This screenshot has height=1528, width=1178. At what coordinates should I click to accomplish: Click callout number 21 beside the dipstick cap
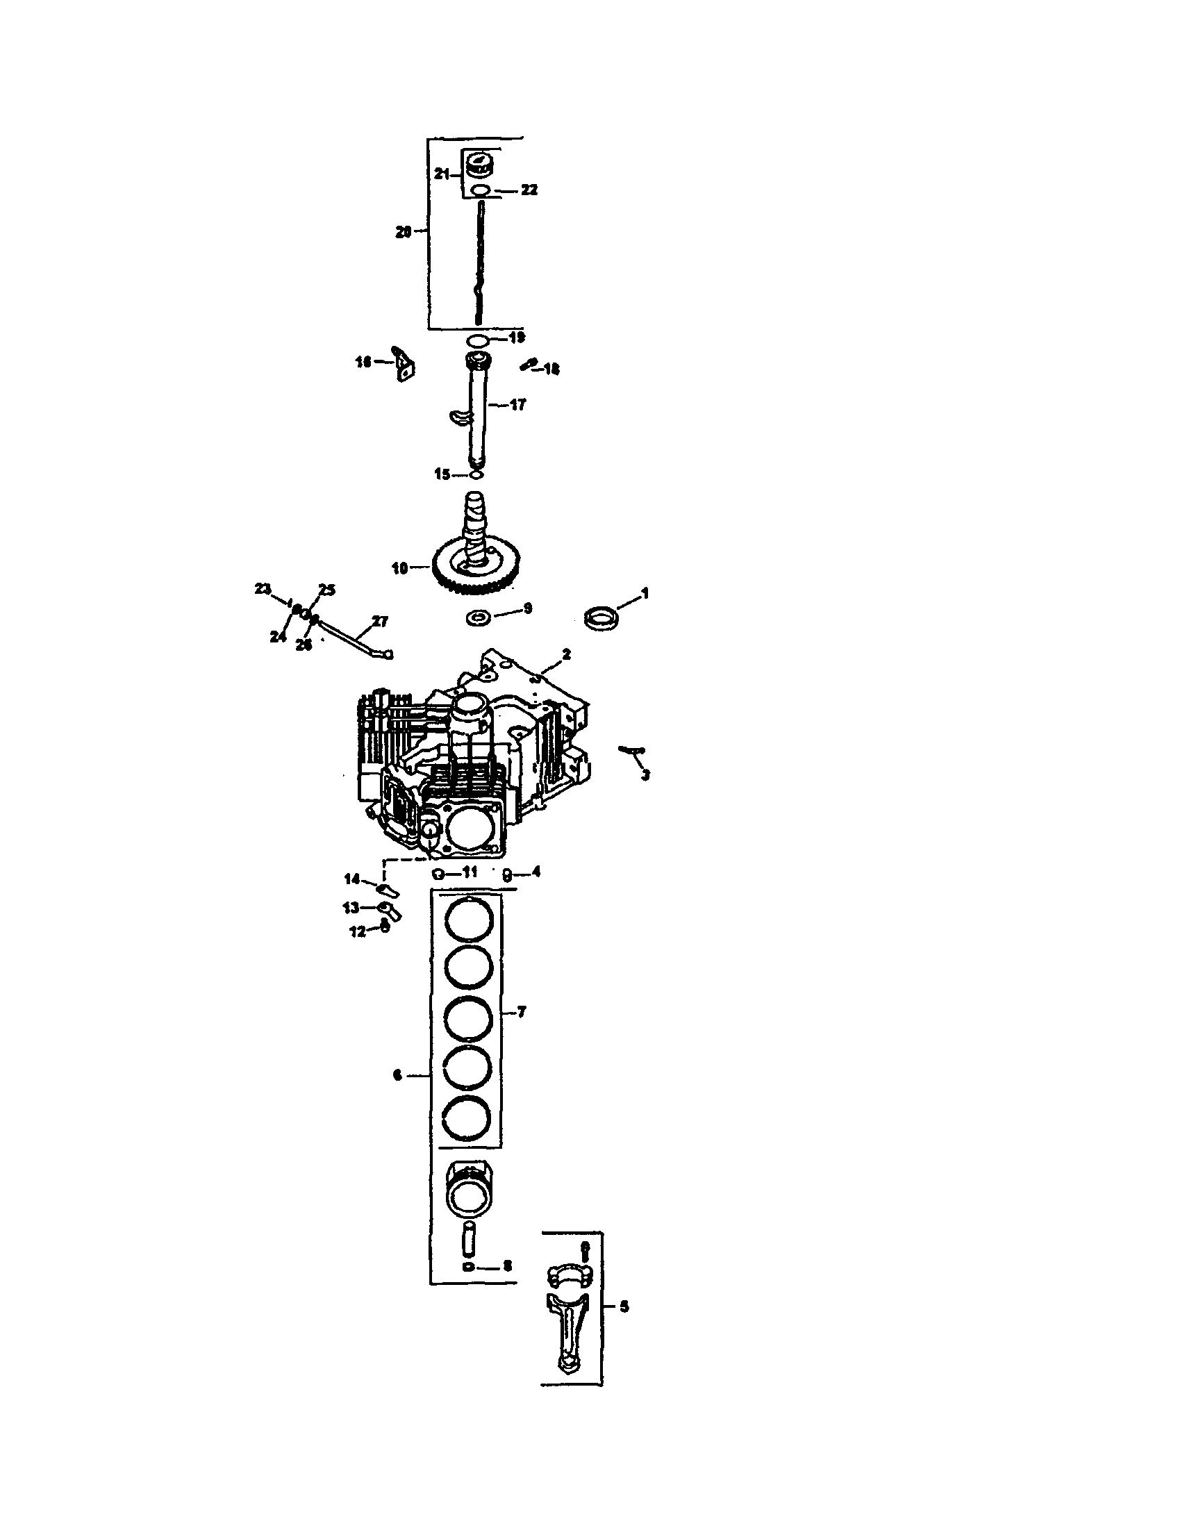(440, 174)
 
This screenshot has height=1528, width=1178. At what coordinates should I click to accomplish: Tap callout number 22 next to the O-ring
(529, 190)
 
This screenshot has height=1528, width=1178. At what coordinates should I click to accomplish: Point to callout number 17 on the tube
(517, 404)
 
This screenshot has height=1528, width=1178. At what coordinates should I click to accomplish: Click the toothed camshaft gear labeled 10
(476, 568)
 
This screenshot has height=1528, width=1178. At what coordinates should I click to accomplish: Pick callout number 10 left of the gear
(399, 568)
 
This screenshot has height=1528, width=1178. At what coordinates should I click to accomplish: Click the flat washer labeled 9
(479, 617)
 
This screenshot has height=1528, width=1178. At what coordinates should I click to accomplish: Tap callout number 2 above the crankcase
(566, 654)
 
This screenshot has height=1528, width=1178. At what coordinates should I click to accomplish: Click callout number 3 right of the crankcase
(645, 774)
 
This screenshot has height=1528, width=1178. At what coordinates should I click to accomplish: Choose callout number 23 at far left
(263, 589)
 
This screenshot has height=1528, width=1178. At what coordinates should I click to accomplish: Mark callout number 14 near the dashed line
(351, 879)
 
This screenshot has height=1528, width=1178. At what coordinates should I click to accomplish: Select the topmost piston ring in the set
(470, 920)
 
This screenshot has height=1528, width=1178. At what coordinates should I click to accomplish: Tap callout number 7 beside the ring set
(522, 1012)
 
